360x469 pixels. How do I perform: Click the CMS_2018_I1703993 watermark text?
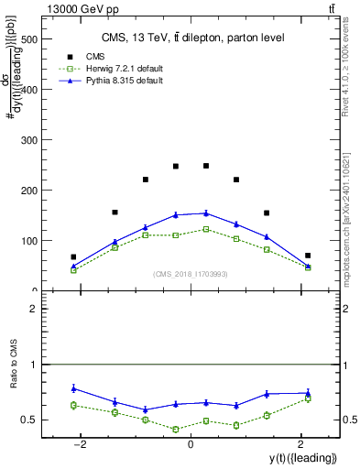[x=190, y=273]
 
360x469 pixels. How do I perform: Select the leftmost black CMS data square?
[x=73, y=257]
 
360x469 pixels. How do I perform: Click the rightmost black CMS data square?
[x=308, y=256]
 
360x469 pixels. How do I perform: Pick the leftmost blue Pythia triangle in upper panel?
[x=73, y=267]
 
